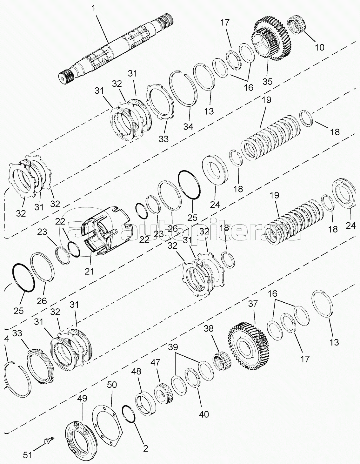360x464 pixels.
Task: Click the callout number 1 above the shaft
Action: (x=93, y=9)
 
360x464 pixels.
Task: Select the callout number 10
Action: (x=319, y=47)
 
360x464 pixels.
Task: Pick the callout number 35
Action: (x=267, y=81)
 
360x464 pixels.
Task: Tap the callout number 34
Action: (x=188, y=126)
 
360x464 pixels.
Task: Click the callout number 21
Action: (x=89, y=272)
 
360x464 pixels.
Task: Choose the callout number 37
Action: (x=253, y=303)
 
